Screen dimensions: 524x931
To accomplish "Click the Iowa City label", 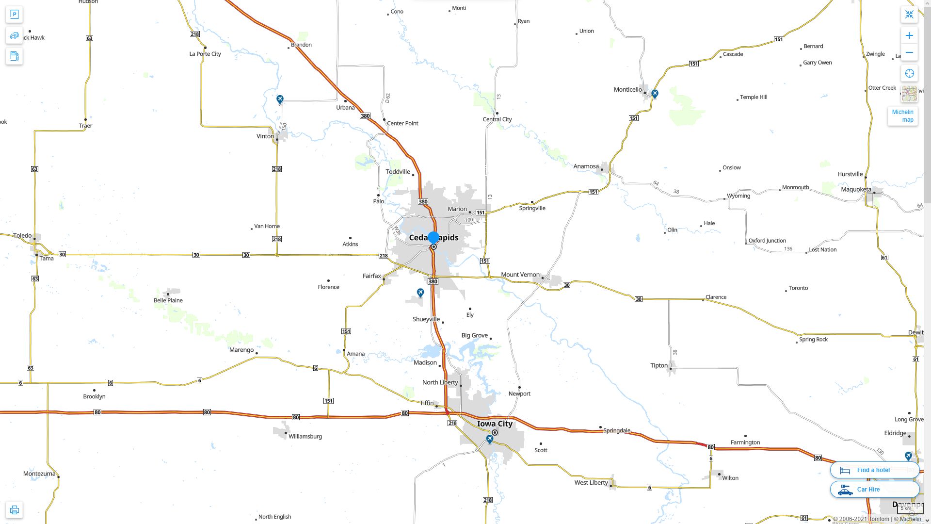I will [495, 424].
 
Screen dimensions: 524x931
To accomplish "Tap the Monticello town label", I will [627, 90].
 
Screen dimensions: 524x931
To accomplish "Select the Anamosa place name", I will [586, 166].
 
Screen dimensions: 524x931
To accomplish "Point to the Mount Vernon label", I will [520, 275].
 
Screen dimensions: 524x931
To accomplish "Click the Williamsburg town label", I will [305, 437].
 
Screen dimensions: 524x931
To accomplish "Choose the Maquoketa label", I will [856, 190].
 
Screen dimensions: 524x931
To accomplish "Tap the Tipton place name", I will [658, 366].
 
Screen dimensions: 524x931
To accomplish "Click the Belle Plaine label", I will [168, 301].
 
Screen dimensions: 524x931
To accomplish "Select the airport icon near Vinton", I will [280, 99].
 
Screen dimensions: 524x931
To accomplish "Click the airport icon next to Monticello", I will [655, 94].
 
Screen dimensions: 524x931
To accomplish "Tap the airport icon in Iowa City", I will [490, 440].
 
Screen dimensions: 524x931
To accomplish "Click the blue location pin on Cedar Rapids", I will [433, 238].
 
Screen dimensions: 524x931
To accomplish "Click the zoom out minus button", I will [909, 52].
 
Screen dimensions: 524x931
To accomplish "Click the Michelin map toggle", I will [902, 116].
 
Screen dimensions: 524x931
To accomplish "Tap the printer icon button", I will [15, 510].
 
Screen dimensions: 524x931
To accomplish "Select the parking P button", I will [15, 15].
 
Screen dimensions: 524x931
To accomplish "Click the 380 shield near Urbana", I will [365, 116].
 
